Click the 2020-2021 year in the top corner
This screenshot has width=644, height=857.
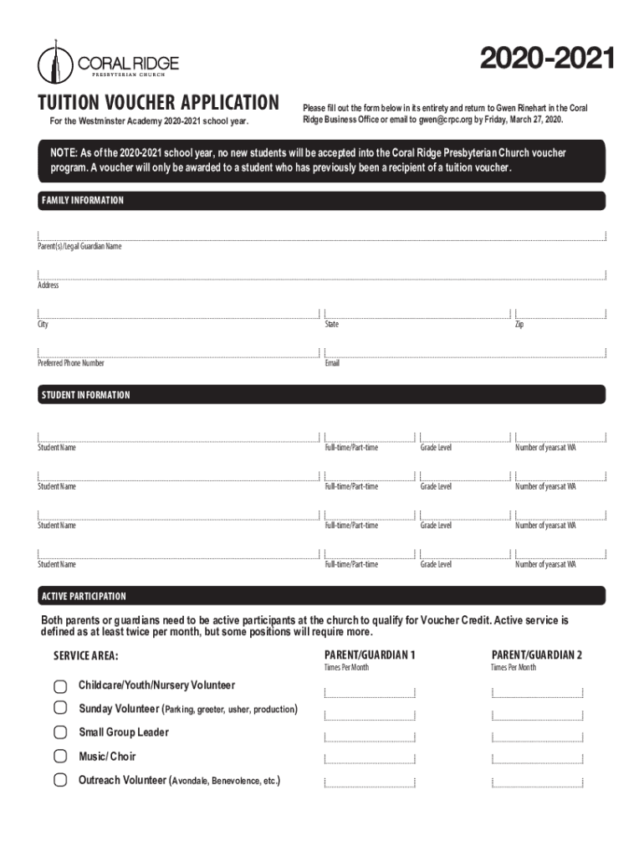pyautogui.click(x=548, y=59)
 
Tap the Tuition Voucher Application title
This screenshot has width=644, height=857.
pyautogui.click(x=158, y=103)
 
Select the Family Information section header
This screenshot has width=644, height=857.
pyautogui.click(x=82, y=201)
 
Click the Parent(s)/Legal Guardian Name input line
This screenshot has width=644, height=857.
pyautogui.click(x=321, y=235)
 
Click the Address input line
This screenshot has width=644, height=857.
pyautogui.click(x=321, y=275)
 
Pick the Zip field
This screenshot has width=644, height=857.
pyautogui.click(x=560, y=313)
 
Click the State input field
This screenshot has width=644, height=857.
pyautogui.click(x=417, y=313)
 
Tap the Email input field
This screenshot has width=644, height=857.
pyautogui.click(x=464, y=352)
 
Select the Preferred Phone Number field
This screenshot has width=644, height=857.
pyautogui.click(x=178, y=352)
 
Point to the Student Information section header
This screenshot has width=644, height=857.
pyautogui.click(x=85, y=394)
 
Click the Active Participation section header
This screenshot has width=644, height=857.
pyautogui.click(x=84, y=596)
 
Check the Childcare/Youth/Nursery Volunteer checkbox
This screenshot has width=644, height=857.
pyautogui.click(x=60, y=686)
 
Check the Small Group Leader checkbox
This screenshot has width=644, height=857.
pyautogui.click(x=60, y=733)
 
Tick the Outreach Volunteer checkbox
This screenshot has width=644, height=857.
pyautogui.click(x=60, y=781)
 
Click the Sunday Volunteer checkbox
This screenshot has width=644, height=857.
pyautogui.click(x=60, y=709)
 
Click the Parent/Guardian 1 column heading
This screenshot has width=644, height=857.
pyautogui.click(x=370, y=654)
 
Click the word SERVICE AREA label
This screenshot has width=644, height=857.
pyautogui.click(x=86, y=655)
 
